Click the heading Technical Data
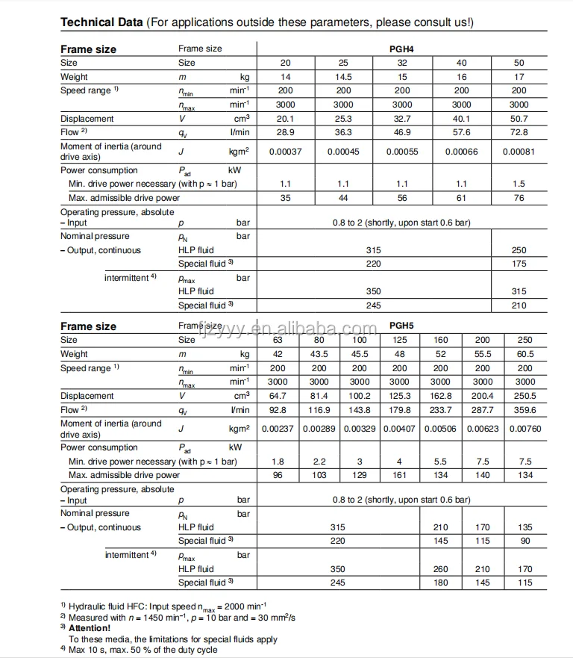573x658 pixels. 101,22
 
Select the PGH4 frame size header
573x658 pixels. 402,49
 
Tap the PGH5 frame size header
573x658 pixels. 402,326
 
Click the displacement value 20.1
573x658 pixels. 285,119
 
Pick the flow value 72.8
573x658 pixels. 519,132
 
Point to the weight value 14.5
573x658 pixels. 343,77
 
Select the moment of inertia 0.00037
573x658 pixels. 285,152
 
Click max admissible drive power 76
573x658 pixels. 519,198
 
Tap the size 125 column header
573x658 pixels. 400,340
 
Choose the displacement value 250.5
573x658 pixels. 525,396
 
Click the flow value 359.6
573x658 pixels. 525,409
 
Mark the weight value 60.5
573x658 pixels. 525,354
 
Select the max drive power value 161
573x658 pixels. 400,475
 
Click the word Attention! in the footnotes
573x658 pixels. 90,628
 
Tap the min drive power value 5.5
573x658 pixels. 441,462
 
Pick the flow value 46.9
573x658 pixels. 402,132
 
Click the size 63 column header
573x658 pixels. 278,340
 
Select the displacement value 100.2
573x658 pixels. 360,396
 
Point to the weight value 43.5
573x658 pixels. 319,354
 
